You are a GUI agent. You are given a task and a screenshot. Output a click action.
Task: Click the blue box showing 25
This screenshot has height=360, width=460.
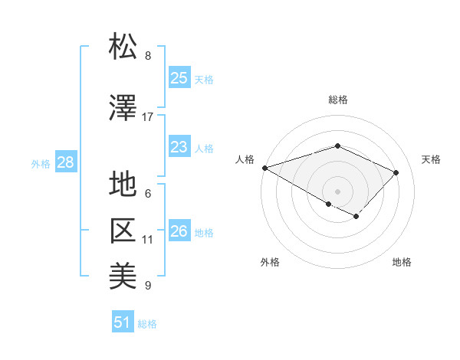click(179, 78)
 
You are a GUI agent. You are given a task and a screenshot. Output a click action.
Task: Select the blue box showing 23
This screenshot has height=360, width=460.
click(179, 147)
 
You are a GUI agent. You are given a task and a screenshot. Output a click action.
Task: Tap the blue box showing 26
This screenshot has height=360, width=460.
click(179, 231)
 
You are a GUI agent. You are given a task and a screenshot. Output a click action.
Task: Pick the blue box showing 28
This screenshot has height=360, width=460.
click(65, 162)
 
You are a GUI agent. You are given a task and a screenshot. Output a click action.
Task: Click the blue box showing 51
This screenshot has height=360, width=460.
click(123, 322)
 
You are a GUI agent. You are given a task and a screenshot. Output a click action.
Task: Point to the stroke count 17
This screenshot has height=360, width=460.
click(148, 117)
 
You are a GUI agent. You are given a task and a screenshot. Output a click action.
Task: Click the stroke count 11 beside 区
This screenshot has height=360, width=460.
click(148, 240)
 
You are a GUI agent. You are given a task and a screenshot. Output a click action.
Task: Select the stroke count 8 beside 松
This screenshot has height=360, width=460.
click(148, 56)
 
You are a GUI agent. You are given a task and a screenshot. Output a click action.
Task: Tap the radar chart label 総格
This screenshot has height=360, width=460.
click(337, 100)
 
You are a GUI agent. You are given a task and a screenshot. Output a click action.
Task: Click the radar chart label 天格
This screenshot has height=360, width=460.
click(432, 159)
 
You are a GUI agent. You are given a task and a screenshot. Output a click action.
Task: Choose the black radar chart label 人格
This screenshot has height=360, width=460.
click(245, 159)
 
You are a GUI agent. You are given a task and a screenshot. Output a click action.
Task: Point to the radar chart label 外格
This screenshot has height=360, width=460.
click(270, 263)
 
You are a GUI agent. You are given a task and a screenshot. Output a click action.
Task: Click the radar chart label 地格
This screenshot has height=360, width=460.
click(402, 263)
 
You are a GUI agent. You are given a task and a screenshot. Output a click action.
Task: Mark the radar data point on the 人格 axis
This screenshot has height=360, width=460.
click(264, 167)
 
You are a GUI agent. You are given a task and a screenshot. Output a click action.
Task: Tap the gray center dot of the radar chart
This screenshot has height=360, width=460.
click(337, 191)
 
